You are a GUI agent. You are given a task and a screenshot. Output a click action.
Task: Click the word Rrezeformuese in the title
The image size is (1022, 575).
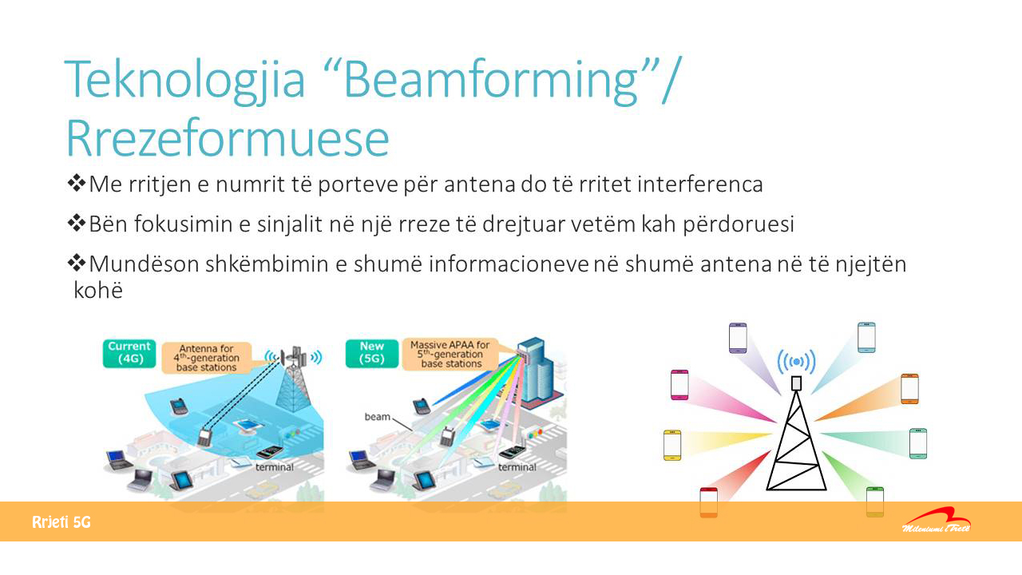pos(228,138)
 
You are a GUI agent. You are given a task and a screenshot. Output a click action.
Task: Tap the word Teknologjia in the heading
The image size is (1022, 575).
pos(184,81)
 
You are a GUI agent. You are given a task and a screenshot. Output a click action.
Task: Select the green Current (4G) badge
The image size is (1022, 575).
pos(129,353)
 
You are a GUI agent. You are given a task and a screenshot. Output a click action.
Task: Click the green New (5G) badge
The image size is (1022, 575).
pos(372,353)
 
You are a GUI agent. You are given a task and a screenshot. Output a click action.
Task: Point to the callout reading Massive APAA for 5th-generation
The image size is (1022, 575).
pos(450,354)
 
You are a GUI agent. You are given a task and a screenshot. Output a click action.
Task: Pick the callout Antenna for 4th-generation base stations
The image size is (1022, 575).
pos(207,358)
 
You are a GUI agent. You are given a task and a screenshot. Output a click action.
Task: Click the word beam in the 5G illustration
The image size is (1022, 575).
pos(378,417)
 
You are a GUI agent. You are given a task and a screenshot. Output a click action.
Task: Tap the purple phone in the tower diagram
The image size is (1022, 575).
pos(738,338)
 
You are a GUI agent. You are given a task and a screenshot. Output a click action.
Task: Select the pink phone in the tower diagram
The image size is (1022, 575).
pos(679,385)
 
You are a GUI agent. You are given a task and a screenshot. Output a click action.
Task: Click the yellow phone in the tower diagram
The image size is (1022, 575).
pos(672,445)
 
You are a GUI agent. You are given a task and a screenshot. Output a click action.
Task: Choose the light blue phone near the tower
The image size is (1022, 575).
pos(866,337)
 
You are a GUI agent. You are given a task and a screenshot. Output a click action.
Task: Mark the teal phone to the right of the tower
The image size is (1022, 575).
pos(918,443)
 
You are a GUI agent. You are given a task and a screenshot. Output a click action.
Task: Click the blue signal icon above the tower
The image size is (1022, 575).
pos(796,362)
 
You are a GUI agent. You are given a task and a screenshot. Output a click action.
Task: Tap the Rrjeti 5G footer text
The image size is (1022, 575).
pos(61,522)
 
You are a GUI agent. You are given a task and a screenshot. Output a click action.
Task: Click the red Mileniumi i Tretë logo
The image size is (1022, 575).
pos(937,521)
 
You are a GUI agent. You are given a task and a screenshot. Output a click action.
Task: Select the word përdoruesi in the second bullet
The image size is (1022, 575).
pos(739,224)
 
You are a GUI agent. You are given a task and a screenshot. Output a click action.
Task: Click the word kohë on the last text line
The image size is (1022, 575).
pos(98,290)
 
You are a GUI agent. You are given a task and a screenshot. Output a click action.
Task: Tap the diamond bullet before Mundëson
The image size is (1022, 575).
pos(76,263)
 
